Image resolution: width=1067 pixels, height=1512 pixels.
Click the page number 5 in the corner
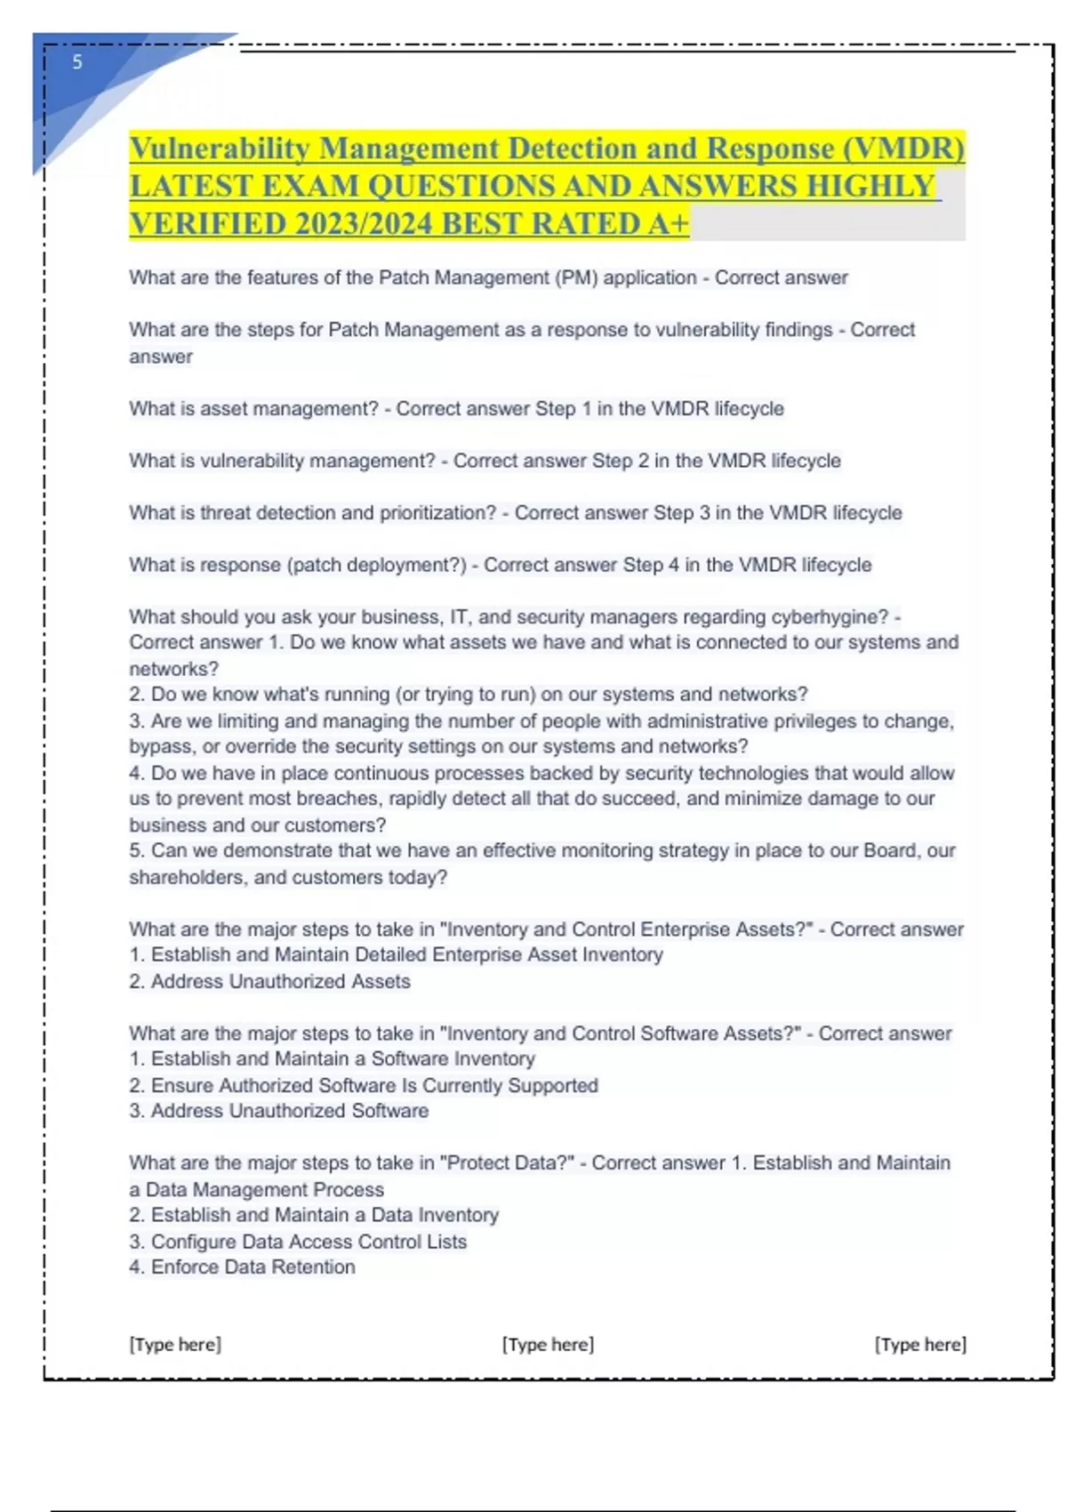(77, 61)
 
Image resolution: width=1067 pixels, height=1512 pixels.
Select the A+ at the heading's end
(669, 223)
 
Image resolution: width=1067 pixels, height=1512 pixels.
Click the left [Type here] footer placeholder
(175, 1344)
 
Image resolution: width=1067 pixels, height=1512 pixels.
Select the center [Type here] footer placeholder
(548, 1344)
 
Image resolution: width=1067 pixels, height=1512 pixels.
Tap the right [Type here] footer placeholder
(920, 1344)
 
